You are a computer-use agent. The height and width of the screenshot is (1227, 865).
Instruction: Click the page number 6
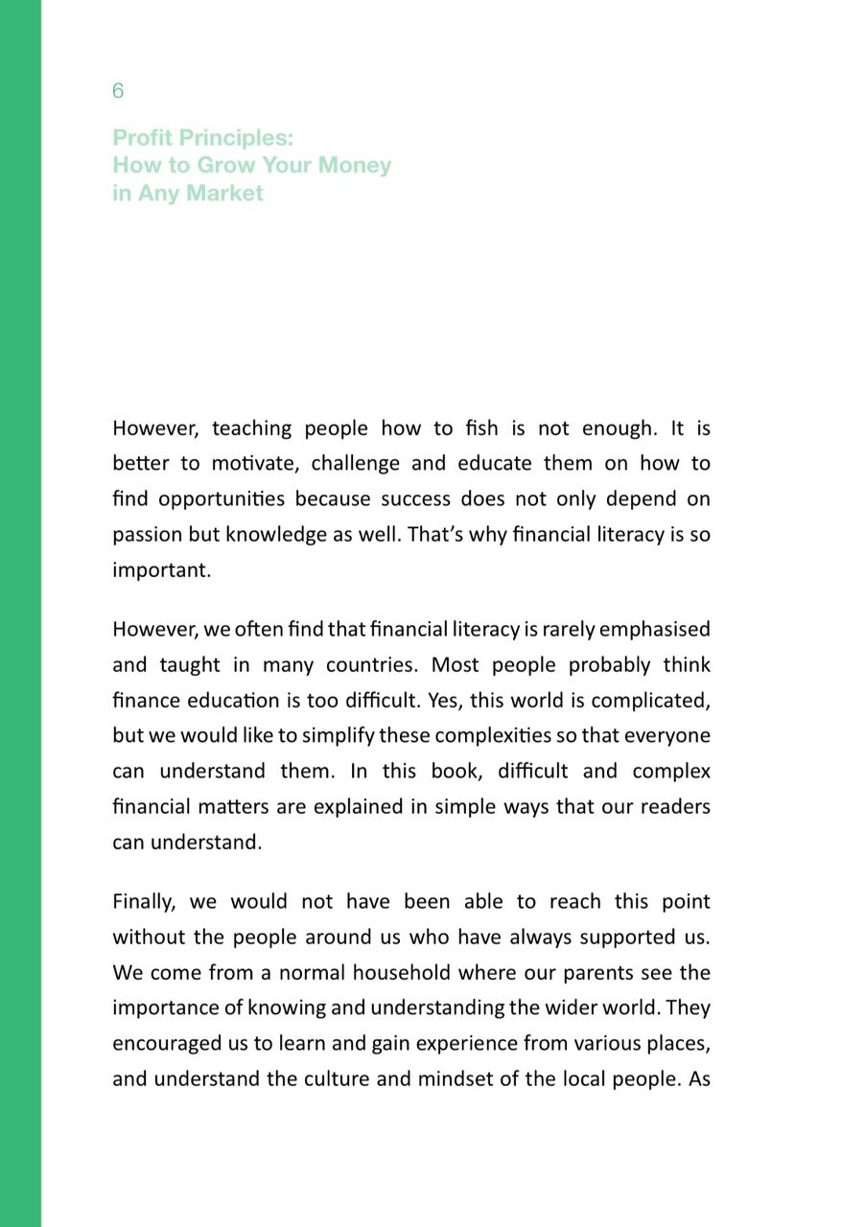coord(118,91)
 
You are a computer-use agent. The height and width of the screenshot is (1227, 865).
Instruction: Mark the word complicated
coord(654,701)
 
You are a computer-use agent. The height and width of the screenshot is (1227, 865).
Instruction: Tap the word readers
coord(678,807)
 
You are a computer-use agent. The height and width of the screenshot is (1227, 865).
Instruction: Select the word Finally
coord(143,902)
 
